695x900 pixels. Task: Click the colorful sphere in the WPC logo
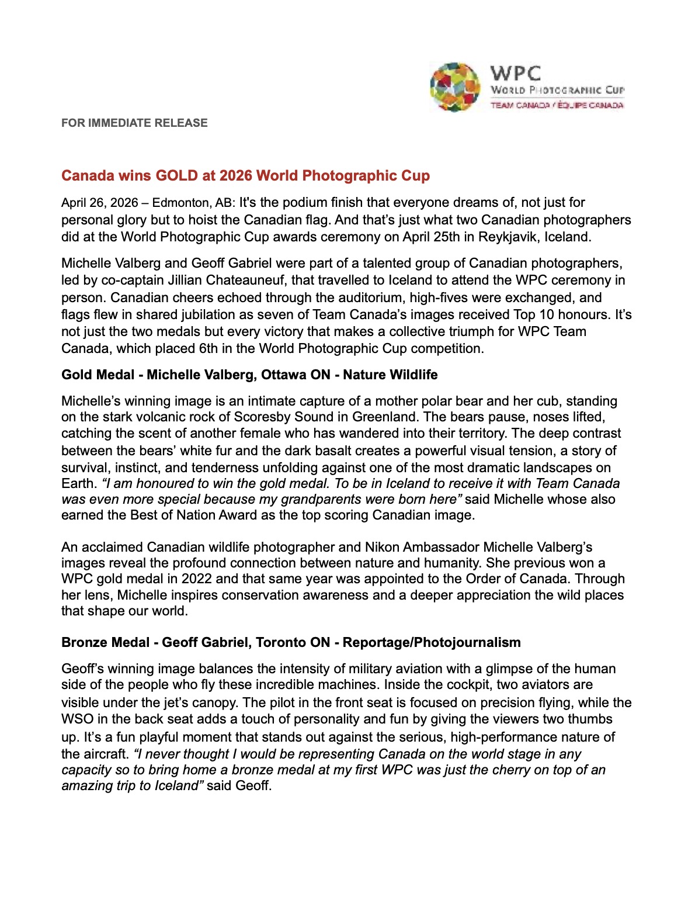(x=455, y=87)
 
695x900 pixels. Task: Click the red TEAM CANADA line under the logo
(x=557, y=105)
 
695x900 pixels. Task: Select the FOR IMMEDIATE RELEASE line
(x=134, y=123)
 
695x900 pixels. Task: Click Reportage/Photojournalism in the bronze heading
(x=432, y=642)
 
